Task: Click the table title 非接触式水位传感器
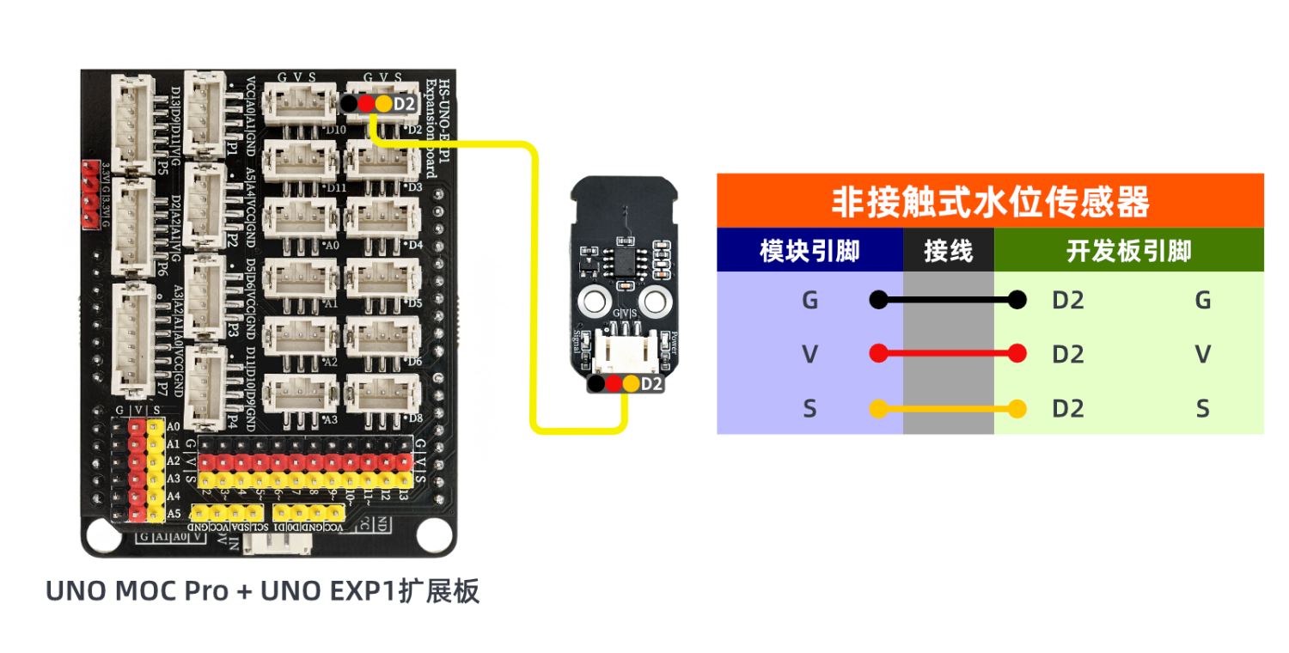click(990, 202)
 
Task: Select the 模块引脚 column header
click(809, 251)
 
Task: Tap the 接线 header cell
click(948, 251)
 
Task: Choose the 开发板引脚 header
click(1128, 251)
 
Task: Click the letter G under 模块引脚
click(809, 300)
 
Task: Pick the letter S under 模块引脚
click(809, 408)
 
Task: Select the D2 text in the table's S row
click(1067, 408)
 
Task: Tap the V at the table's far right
click(1203, 353)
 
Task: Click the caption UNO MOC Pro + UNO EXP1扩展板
click(262, 592)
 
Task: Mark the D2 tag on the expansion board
click(404, 104)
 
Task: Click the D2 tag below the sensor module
click(651, 384)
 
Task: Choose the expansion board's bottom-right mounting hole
click(433, 535)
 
